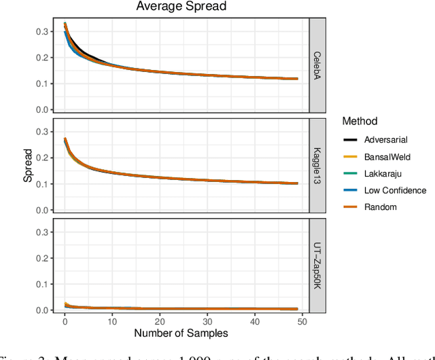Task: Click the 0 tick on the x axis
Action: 65,321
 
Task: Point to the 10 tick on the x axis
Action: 112,321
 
